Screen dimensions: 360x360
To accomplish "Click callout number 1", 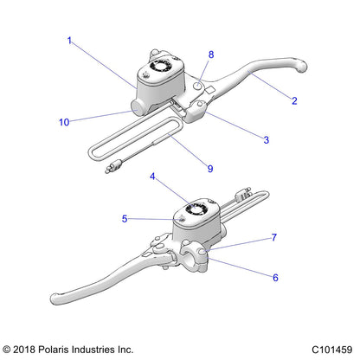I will pos(68,40).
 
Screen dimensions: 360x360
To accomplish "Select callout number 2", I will pos(294,101).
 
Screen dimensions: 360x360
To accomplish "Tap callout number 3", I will pos(266,138).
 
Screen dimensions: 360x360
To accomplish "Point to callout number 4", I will pos(152,178).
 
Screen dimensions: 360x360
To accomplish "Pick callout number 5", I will pos(125,219).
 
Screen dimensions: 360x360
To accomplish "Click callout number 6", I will pos(274,278).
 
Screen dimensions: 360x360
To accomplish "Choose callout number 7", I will pos(274,236).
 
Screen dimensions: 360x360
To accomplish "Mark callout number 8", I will pos(210,55).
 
